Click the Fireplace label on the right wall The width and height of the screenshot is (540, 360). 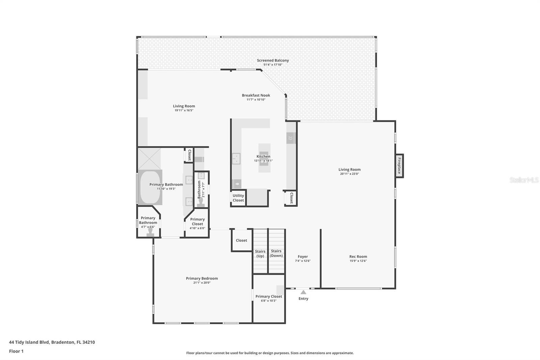[399, 165]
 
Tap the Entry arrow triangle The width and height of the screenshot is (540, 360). [303, 292]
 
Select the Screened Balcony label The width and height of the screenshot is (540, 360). [273, 60]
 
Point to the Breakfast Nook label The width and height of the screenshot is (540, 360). [256, 95]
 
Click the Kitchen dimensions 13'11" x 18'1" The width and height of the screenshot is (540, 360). [263, 161]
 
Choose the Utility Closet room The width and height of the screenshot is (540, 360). [238, 198]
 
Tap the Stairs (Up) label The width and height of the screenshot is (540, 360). [260, 254]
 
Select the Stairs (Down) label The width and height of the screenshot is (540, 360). [276, 253]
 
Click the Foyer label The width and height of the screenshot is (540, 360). [302, 257]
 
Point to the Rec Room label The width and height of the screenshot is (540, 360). [358, 256]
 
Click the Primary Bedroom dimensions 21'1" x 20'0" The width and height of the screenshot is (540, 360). [202, 283]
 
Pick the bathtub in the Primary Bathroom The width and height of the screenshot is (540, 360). [150, 187]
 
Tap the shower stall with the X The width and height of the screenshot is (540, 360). [150, 159]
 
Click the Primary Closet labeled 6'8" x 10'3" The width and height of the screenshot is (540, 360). [269, 298]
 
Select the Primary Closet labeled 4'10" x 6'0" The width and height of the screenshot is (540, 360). [197, 223]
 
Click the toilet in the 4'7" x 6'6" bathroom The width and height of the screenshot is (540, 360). [151, 232]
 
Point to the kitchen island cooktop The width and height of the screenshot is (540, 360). [264, 159]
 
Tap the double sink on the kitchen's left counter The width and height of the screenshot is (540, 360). [236, 158]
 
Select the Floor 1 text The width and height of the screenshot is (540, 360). [16, 351]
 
